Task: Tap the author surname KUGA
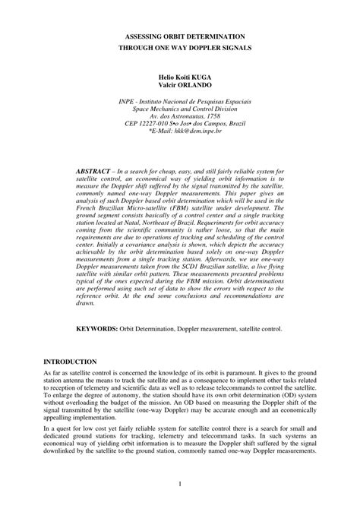tap(215, 77)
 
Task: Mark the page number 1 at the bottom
tap(180, 483)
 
